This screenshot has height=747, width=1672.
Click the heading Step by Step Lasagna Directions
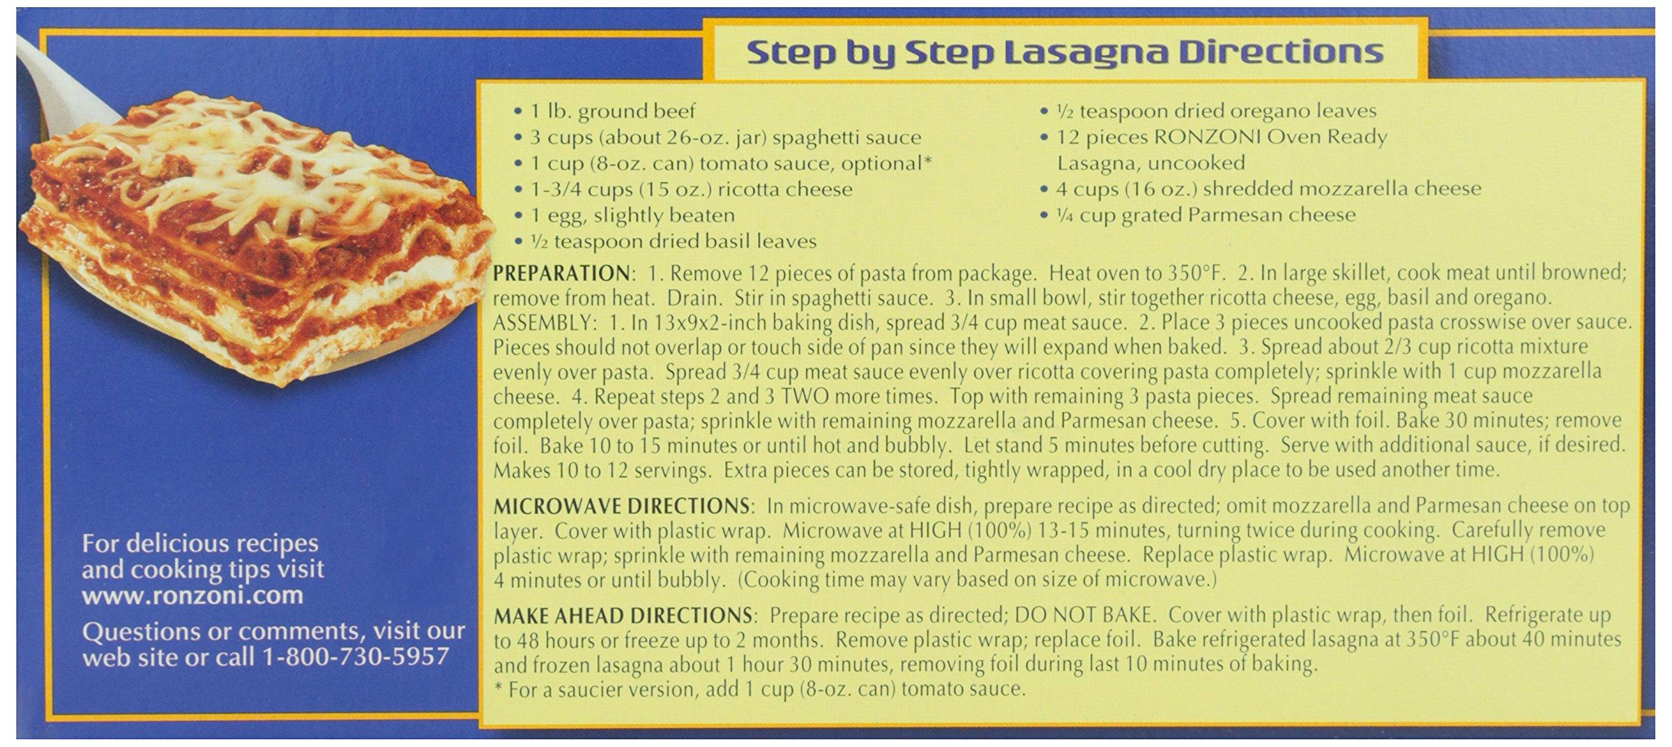1065,52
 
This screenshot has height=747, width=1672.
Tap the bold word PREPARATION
560,273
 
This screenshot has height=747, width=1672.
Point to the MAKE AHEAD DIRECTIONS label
622,615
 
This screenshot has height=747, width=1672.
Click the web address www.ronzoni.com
193,596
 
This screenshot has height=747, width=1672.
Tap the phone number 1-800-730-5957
355,656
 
